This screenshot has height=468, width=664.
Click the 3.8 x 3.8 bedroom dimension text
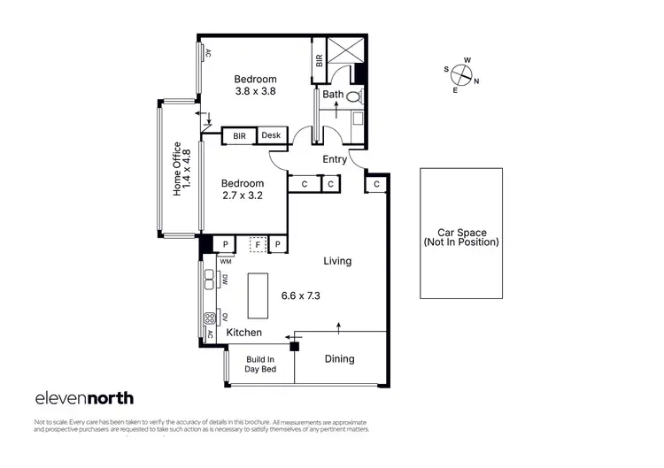(256, 91)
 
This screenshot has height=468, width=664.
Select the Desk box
(271, 135)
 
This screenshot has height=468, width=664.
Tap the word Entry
(334, 160)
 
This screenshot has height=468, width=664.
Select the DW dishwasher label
(226, 280)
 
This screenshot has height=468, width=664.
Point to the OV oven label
(226, 317)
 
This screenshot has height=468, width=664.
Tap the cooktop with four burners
(212, 318)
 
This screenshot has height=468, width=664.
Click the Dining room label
(339, 359)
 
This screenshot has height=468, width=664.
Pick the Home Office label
(177, 170)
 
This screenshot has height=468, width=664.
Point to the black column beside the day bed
(295, 345)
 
